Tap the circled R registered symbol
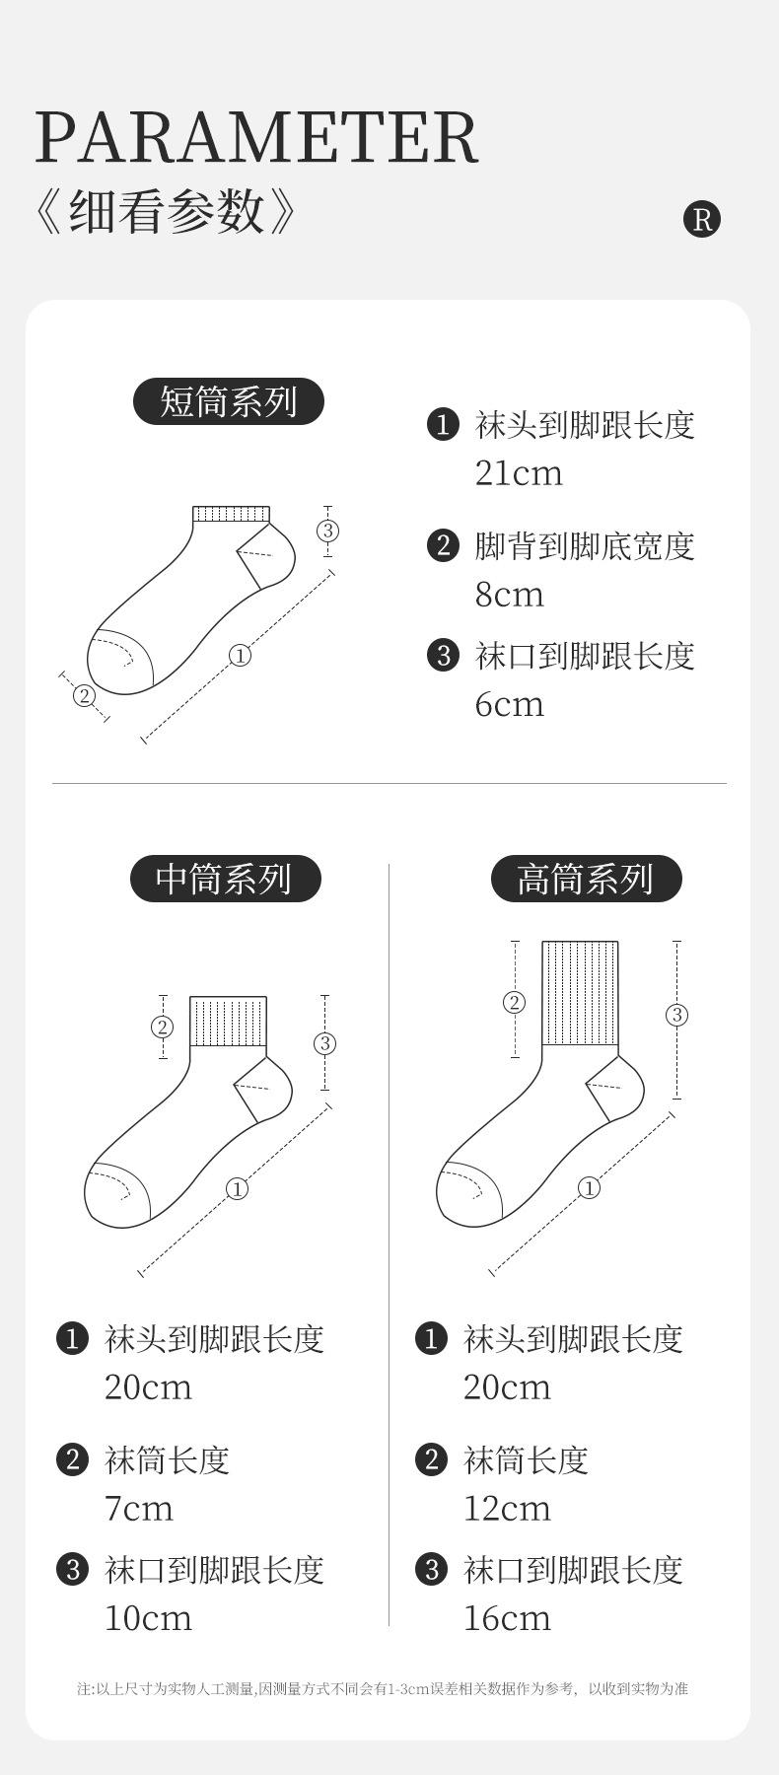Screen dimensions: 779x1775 click(x=702, y=218)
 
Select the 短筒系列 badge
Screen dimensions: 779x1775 click(x=229, y=401)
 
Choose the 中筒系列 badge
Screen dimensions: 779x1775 click(x=225, y=878)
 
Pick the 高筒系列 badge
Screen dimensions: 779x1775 click(x=586, y=878)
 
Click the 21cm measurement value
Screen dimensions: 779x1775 click(x=519, y=473)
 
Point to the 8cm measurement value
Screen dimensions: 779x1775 click(x=509, y=595)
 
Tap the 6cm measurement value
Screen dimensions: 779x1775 click(x=509, y=704)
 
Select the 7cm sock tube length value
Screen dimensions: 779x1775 click(x=138, y=1509)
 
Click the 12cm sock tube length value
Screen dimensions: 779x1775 click(x=507, y=1509)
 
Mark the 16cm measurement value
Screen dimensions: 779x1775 click(x=507, y=1618)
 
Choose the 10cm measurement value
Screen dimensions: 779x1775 click(x=148, y=1618)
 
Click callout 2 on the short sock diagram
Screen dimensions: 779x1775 click(x=85, y=696)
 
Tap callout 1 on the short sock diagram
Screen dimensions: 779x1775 click(x=240, y=655)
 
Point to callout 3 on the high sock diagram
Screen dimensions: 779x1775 click(x=676, y=1015)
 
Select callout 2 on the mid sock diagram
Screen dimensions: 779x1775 click(x=163, y=1027)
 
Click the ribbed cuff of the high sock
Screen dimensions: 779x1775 click(x=580, y=993)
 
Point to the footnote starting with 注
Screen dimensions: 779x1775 click(x=383, y=1688)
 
